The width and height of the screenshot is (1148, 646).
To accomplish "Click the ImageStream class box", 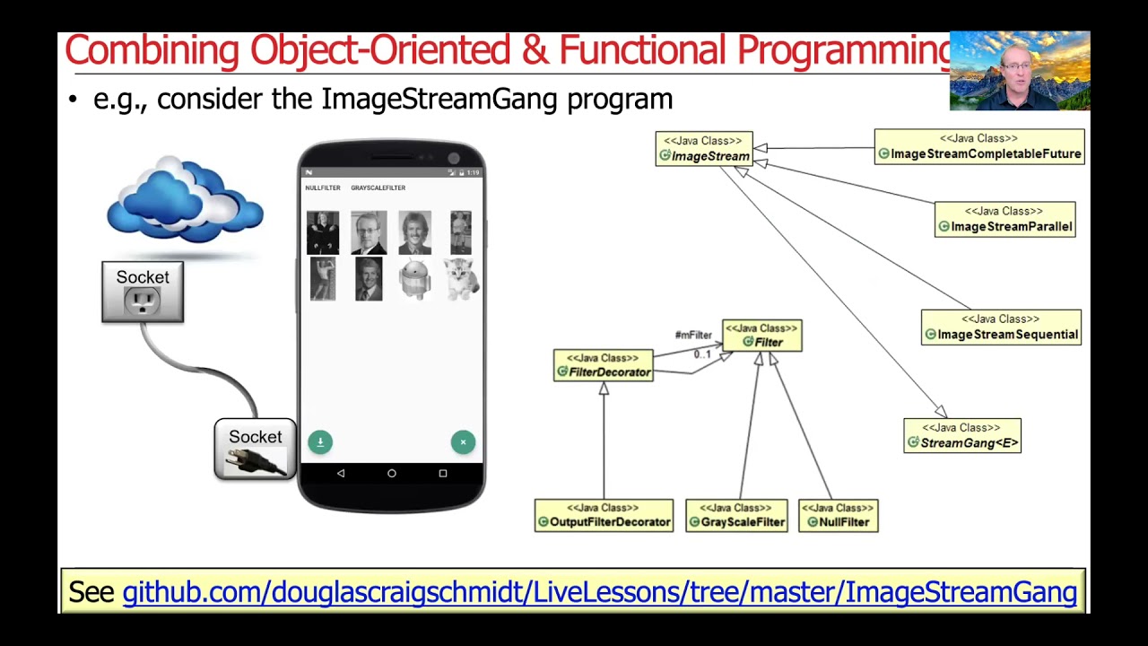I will (704, 149).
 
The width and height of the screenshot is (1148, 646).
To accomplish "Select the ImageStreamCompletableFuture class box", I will (979, 147).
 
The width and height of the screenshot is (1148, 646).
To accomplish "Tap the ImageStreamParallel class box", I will (1004, 220).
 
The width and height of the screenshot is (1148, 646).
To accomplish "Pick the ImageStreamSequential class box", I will (1001, 327).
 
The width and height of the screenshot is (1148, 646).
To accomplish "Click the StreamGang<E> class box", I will (962, 436).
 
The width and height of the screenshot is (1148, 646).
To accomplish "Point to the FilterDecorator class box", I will (603, 365).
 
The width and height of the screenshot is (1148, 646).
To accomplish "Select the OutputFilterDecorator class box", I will (604, 516).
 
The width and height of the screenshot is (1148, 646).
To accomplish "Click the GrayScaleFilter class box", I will (736, 516).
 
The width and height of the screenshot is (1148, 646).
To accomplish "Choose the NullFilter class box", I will (838, 516).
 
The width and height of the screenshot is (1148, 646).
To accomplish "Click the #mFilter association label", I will (692, 336).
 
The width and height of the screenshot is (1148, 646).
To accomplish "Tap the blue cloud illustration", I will (185, 201).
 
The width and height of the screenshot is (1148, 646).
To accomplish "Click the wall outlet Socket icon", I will (143, 292).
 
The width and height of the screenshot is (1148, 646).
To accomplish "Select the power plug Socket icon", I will (255, 450).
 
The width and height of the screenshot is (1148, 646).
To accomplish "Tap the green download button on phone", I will (320, 441).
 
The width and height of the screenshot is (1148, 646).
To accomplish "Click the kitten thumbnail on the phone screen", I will (461, 279).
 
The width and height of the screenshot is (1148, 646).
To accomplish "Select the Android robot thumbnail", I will (414, 279).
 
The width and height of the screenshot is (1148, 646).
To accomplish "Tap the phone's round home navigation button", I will (392, 473).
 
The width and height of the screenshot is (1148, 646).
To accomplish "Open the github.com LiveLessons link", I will (599, 592).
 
